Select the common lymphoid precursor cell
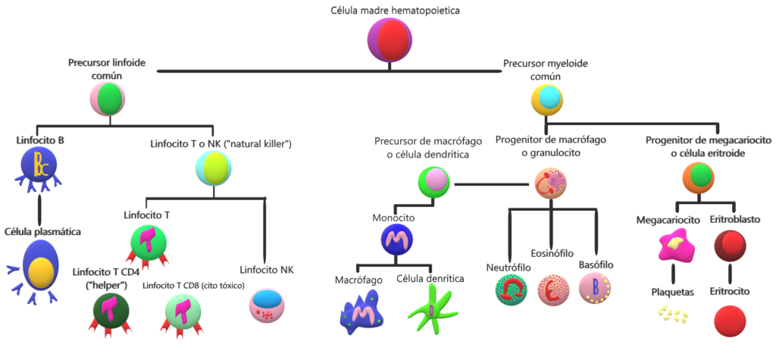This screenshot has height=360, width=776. (x=108, y=99)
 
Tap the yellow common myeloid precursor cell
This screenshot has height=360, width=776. (x=547, y=99)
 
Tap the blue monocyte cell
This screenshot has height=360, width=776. (x=397, y=239)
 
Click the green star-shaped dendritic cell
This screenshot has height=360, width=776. (x=430, y=311)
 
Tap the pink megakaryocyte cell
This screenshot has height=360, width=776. (x=676, y=245)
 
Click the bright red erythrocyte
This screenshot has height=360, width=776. (x=730, y=321)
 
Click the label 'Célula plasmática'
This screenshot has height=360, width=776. (x=42, y=231)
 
